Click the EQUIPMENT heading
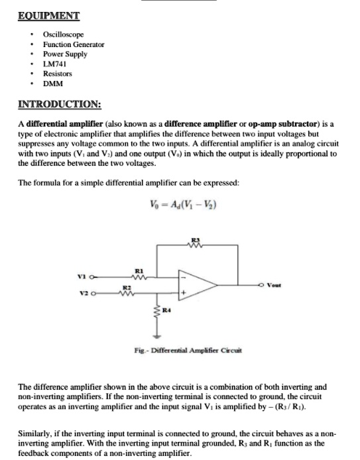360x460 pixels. [x=48, y=15]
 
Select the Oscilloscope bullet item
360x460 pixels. [x=63, y=34]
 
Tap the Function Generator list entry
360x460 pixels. [x=74, y=44]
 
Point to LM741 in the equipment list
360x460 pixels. [x=54, y=64]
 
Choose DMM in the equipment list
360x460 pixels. [x=52, y=84]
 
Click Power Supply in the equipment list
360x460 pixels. [x=65, y=54]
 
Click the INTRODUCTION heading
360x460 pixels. [x=59, y=105]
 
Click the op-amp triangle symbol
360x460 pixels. [x=196, y=285]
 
